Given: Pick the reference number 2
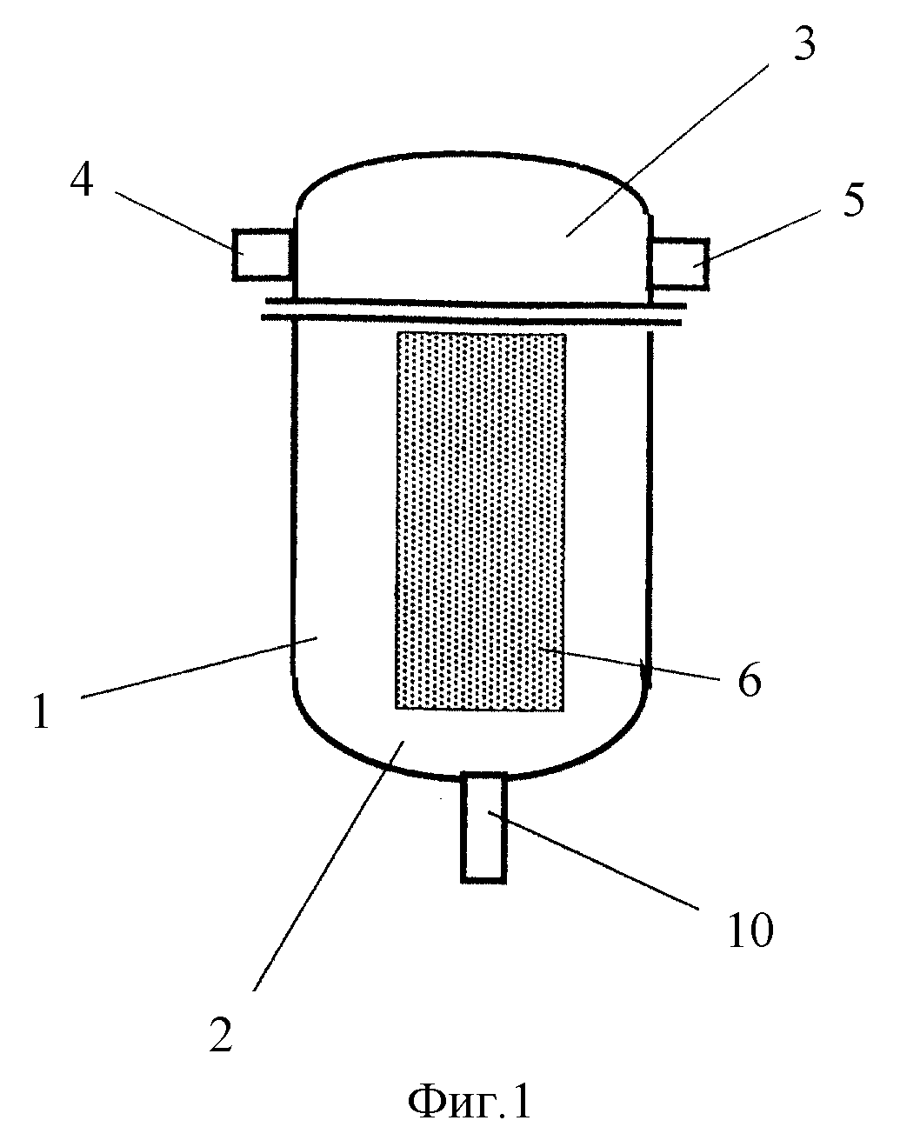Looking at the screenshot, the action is [x=220, y=1033].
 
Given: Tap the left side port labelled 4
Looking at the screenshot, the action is [x=261, y=255].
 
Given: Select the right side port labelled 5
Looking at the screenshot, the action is [x=680, y=263].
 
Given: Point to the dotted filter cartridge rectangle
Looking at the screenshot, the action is [x=480, y=520].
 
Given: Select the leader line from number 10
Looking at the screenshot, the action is [x=594, y=861].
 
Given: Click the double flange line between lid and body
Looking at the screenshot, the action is [x=474, y=310].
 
